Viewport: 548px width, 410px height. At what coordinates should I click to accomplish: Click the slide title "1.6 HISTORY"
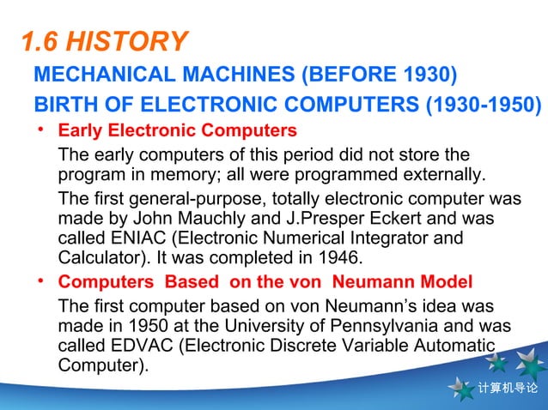coord(103,41)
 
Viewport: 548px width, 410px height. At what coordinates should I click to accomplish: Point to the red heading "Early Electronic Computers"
coord(177,132)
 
